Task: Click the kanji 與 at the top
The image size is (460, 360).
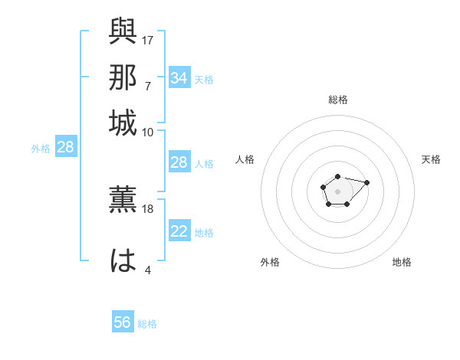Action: click(x=123, y=31)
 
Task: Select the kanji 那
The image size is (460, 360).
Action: click(x=123, y=77)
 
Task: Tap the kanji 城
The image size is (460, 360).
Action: click(x=123, y=123)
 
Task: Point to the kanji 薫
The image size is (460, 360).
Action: click(x=123, y=201)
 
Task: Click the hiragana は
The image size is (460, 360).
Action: click(x=123, y=260)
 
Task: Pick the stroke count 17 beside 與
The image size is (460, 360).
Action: click(x=148, y=39)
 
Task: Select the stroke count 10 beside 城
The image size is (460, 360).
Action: click(x=148, y=132)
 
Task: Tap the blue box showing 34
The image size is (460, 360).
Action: click(x=179, y=77)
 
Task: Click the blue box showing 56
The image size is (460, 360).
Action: click(x=123, y=322)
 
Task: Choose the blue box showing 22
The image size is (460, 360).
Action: click(x=179, y=231)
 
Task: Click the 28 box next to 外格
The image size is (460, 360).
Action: click(x=65, y=148)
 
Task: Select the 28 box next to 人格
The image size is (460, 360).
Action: click(x=179, y=162)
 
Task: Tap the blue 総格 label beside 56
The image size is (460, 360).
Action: click(x=147, y=324)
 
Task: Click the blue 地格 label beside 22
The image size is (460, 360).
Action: click(x=204, y=232)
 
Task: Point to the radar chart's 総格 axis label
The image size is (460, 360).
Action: click(x=337, y=100)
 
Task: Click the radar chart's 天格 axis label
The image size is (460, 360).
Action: click(x=431, y=159)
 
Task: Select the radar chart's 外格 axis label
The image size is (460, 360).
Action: click(x=270, y=262)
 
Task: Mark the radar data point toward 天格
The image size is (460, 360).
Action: click(x=366, y=182)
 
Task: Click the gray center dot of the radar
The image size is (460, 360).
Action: click(x=337, y=191)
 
